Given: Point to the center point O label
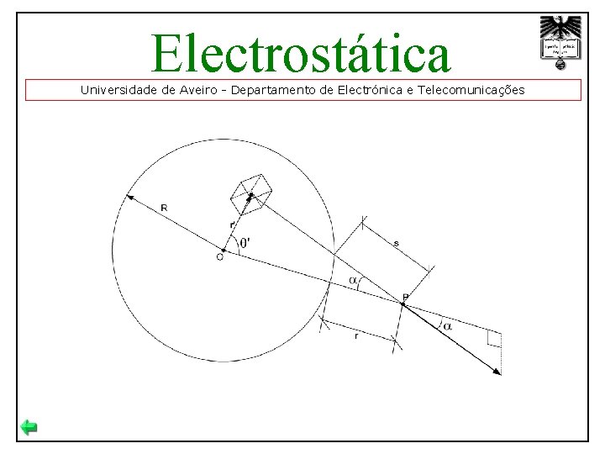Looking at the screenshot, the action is coord(219,257).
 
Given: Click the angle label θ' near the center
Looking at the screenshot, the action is coord(245,243).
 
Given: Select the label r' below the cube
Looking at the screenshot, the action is coord(232,224).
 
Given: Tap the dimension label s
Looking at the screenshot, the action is coord(396,243).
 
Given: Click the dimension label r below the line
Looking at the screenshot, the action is coord(357,335).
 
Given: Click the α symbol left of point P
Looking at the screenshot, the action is coord(353,280).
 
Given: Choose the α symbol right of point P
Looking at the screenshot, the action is coord(447,325).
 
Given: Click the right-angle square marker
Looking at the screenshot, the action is coord(494,339).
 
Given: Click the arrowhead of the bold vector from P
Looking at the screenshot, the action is coord(498,371).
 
